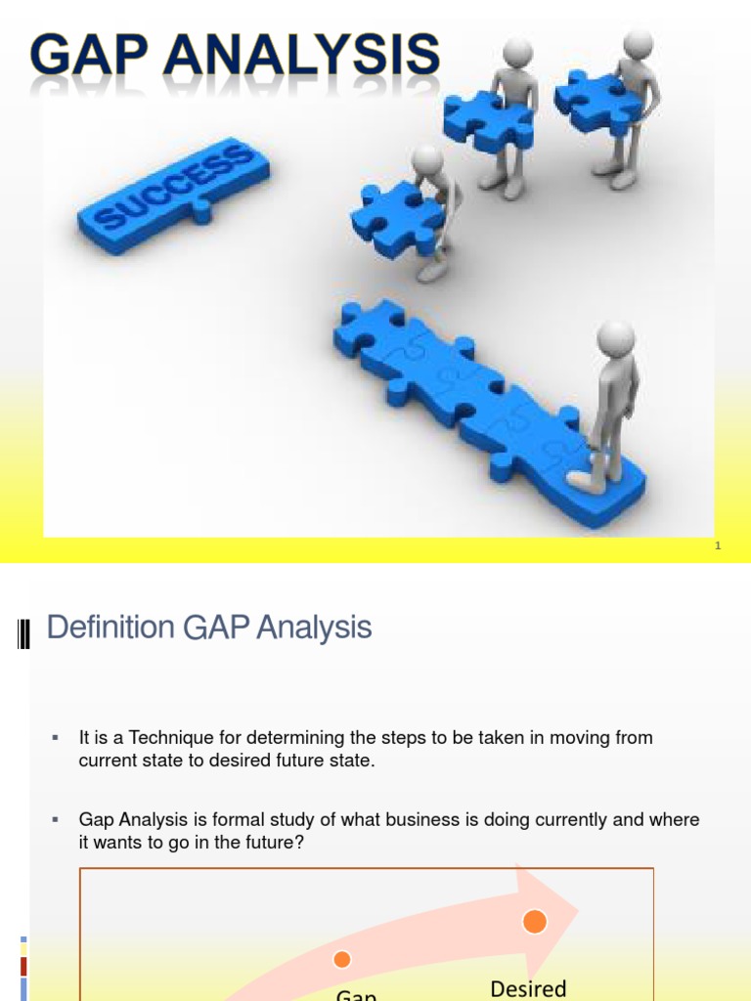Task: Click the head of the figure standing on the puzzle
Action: [616, 338]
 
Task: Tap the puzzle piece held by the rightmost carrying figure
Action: [592, 98]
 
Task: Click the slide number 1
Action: [718, 545]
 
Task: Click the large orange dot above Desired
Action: [535, 921]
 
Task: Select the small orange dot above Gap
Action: [341, 959]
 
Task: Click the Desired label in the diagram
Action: [528, 988]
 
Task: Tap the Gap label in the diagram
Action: [356, 995]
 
